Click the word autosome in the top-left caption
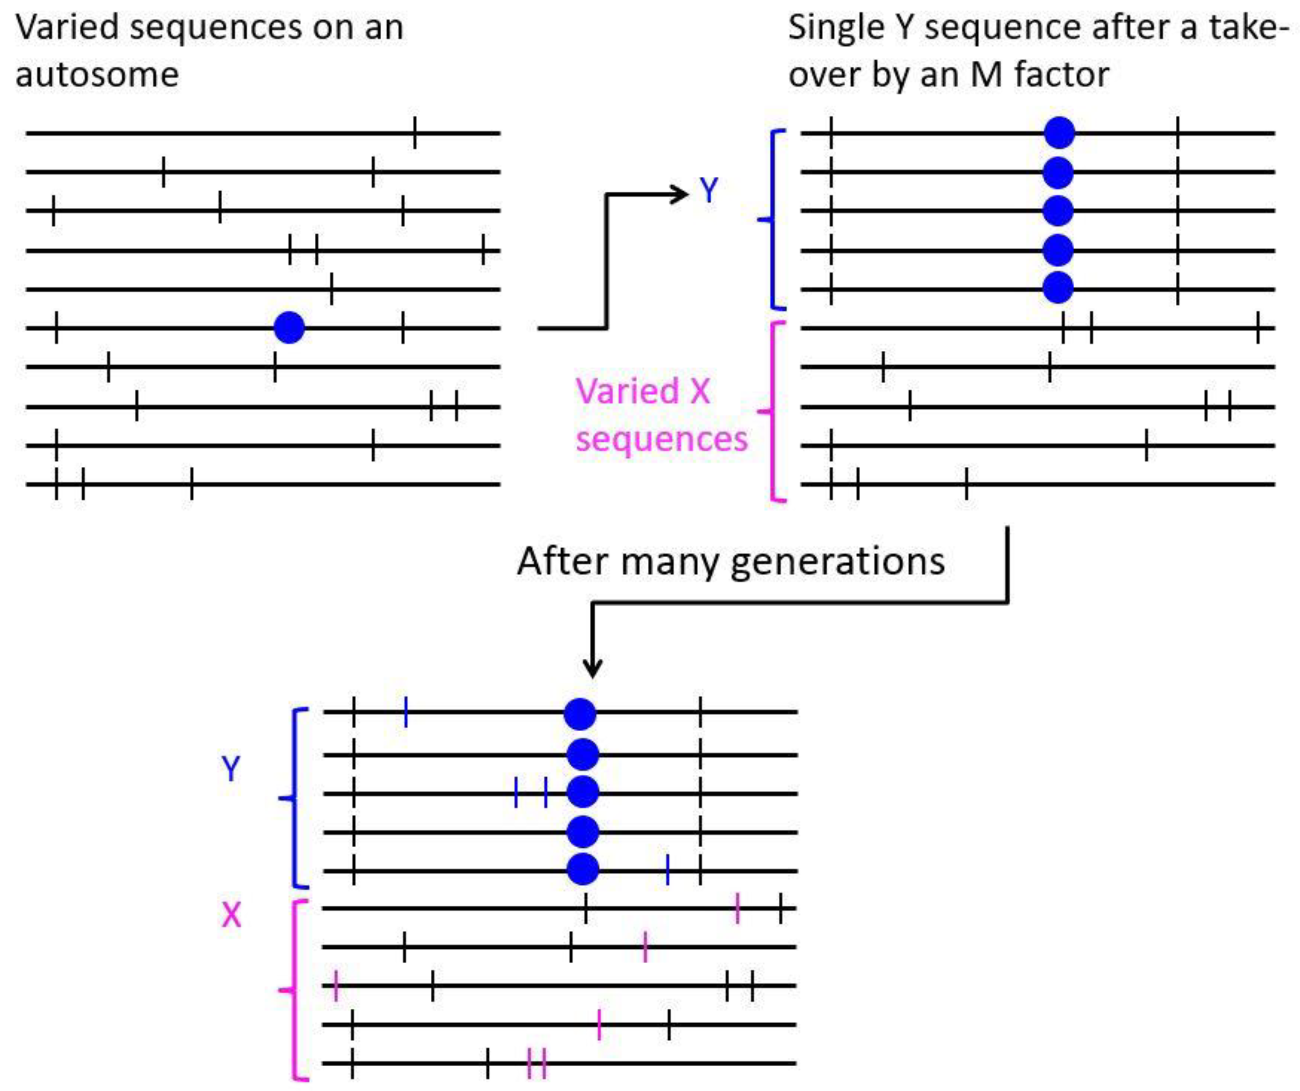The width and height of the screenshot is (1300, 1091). pyautogui.click(x=97, y=75)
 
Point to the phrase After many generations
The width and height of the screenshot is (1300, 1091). pyautogui.click(x=731, y=561)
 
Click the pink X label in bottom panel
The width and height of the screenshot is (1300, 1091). pyautogui.click(x=231, y=915)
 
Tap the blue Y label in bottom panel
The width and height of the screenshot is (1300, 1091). pyautogui.click(x=230, y=768)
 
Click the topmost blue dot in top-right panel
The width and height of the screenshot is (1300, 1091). pyautogui.click(x=1059, y=132)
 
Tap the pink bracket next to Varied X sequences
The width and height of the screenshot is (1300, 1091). pyautogui.click(x=773, y=411)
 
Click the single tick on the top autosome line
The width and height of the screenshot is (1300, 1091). pyautogui.click(x=415, y=132)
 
